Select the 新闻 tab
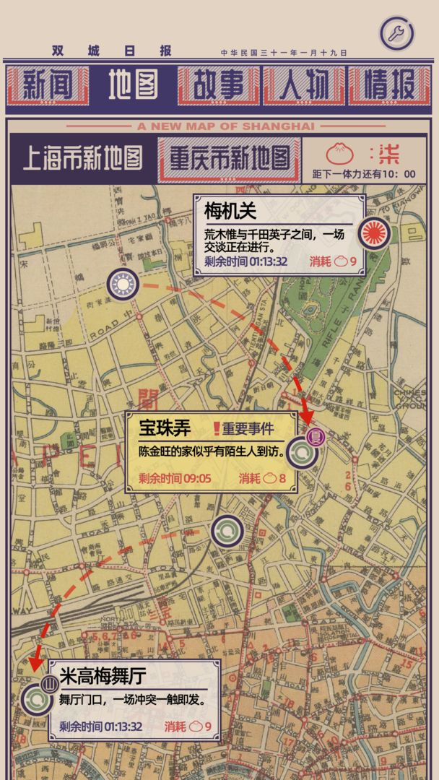[47, 86]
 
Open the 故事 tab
[218, 86]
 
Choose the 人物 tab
[304, 86]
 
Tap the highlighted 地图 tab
[133, 86]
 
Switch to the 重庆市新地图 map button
[229, 157]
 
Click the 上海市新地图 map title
[83, 157]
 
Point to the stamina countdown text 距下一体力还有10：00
[363, 174]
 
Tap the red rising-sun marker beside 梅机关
[375, 233]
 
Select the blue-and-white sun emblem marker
[123, 285]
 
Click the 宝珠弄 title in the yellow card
[165, 428]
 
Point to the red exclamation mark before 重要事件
[216, 429]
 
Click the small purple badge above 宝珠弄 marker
[316, 435]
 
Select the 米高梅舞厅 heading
[103, 677]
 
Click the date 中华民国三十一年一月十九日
[284, 53]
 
